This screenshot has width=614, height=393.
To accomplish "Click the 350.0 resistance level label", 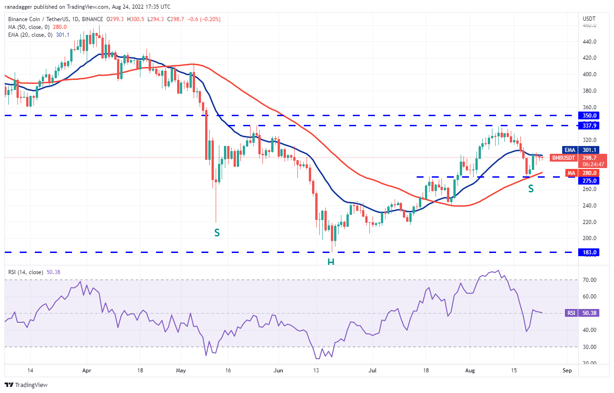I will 589,116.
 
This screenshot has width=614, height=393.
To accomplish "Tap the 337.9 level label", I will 589,125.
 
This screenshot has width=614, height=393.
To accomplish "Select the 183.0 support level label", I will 589,252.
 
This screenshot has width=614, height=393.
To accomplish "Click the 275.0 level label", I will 589,181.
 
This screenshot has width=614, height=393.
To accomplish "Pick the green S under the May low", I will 217,233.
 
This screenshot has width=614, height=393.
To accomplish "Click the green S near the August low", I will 530,189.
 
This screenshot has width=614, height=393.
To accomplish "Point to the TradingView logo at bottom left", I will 26,385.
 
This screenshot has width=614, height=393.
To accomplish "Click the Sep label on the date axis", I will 567,370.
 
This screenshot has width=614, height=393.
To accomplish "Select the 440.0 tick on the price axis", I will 589,42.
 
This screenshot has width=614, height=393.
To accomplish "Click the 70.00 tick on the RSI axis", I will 589,280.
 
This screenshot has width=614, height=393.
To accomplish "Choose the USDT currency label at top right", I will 589,19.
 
